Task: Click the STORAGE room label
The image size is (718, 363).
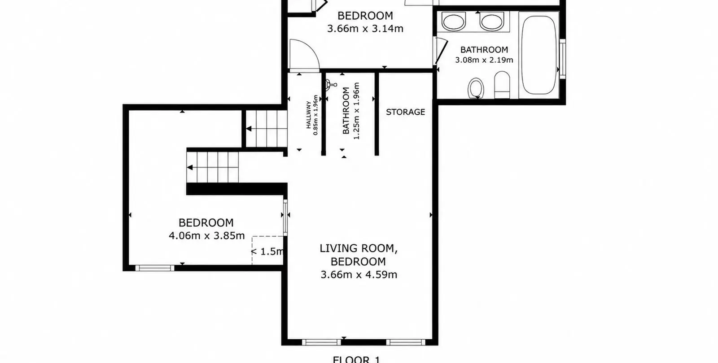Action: [406, 112]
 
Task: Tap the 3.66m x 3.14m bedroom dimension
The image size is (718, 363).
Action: [365, 29]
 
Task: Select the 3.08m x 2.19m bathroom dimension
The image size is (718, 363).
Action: [484, 60]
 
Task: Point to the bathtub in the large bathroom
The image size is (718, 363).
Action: [539, 55]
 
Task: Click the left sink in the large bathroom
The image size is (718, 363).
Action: [453, 21]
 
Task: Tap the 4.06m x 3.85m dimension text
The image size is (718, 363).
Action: [207, 236]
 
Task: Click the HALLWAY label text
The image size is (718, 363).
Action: [308, 115]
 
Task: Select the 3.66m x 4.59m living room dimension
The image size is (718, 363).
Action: [359, 275]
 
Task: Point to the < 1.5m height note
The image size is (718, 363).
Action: [267, 251]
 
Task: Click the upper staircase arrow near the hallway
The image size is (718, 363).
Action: [249, 129]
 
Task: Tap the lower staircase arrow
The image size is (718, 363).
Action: [190, 168]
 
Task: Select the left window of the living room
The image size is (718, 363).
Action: [321, 342]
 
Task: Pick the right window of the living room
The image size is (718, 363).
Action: [406, 342]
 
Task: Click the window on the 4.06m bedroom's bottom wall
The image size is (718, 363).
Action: [155, 268]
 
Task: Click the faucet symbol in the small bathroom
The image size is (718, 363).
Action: [330, 85]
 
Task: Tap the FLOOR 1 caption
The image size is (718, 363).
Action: [356, 359]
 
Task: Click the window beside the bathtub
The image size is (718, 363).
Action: [563, 59]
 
